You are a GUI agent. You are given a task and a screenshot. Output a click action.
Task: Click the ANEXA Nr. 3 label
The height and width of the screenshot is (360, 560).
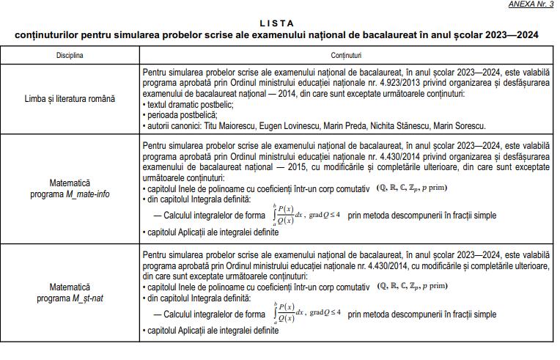531,4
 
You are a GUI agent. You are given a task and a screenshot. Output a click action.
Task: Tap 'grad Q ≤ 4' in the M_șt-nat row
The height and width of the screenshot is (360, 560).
325,312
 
